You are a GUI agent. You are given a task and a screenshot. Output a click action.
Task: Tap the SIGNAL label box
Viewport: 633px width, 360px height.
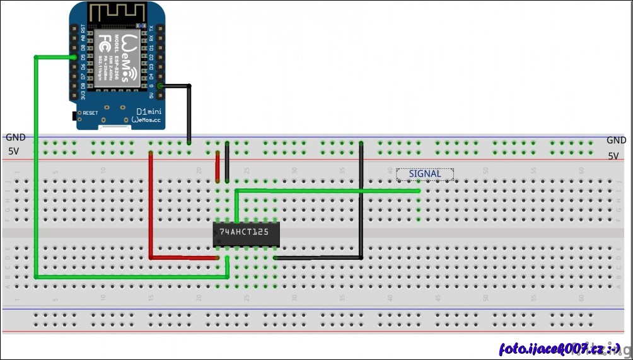pos(424,174)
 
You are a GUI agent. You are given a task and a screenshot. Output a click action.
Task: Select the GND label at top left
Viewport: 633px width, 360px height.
pos(15,137)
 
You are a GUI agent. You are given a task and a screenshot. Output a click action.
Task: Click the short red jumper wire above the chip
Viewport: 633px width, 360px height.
pos(218,165)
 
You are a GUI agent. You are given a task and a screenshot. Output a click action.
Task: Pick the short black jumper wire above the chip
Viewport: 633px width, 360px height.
pos(227,161)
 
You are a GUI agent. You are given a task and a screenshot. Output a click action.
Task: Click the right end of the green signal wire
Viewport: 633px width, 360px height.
pos(418,190)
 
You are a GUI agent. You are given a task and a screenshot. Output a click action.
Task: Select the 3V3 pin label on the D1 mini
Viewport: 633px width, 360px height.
pos(83,96)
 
